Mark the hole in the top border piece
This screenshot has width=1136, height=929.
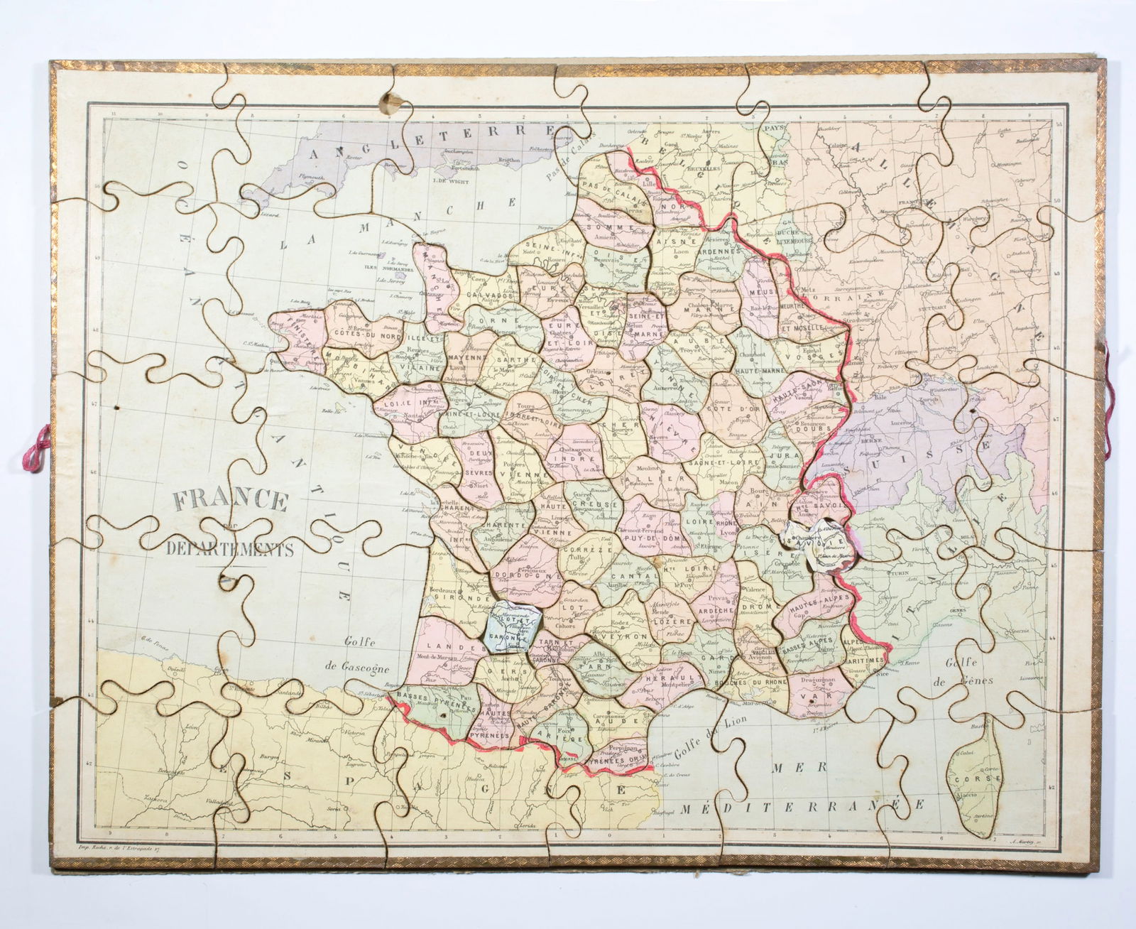tap(389, 99)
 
